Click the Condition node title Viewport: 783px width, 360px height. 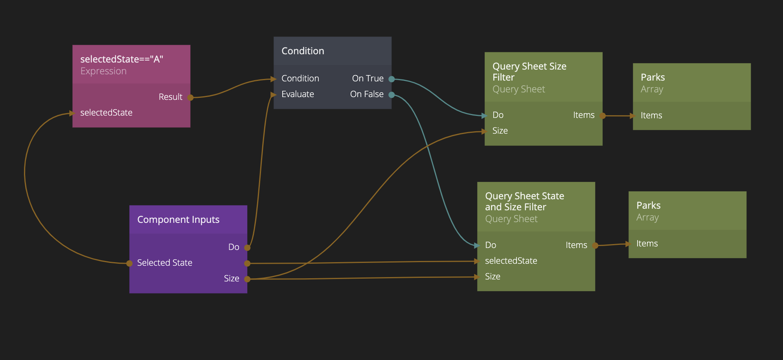coord(303,51)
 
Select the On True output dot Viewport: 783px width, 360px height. coord(391,79)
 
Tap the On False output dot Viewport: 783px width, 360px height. coord(391,95)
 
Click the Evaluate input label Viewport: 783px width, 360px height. coord(298,94)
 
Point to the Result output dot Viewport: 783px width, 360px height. coord(190,97)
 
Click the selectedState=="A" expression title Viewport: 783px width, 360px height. coord(121,59)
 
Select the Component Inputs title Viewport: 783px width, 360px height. coord(178,220)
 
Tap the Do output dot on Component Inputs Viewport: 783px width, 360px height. coord(247,248)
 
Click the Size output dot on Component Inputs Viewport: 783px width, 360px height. coord(247,279)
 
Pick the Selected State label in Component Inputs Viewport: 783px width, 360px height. coord(165,263)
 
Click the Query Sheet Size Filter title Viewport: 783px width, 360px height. coord(529,72)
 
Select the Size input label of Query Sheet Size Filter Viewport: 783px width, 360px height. coord(500,131)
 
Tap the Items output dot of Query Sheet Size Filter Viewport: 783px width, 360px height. coord(603,116)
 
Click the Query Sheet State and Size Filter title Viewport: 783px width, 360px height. coord(524,201)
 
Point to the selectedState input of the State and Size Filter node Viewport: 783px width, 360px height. coord(511,261)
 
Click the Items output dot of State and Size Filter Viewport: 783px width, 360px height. coord(595,246)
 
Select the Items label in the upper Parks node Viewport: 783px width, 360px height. coord(651,116)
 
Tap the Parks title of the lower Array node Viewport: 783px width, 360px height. coord(648,206)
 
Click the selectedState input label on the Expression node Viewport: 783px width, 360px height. coord(106,113)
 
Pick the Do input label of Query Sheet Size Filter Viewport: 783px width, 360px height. coord(498,115)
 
